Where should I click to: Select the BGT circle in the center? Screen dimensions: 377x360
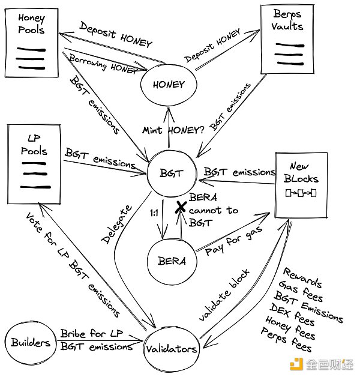click(169, 173)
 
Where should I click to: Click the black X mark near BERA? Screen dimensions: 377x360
click(179, 208)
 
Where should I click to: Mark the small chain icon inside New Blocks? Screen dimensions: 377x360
click(304, 193)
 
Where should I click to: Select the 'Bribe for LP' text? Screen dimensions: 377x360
click(89, 333)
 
